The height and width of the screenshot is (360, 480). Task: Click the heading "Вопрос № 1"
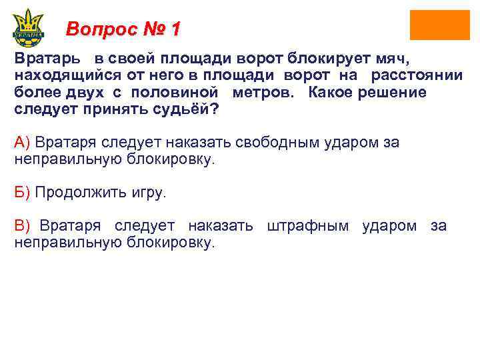pos(123,29)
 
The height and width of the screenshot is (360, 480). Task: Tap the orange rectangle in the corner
pos(439,25)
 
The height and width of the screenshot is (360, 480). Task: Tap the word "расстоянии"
pos(417,75)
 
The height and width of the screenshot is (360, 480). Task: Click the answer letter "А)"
pos(22,142)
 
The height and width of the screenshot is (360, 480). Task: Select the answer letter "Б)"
pos(22,193)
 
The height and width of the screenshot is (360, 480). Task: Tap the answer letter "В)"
pos(22,226)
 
